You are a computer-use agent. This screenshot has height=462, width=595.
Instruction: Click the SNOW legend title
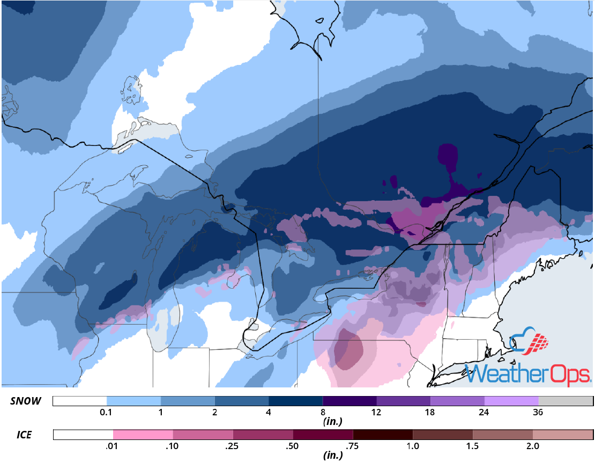click(x=25, y=402)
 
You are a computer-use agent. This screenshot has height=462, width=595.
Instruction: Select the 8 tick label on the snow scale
click(x=323, y=413)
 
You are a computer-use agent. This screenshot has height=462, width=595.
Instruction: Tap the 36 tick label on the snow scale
click(x=538, y=413)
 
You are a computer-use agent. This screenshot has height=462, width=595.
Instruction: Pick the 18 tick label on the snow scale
click(x=430, y=413)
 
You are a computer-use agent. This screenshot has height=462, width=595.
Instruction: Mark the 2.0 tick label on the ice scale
click(x=533, y=445)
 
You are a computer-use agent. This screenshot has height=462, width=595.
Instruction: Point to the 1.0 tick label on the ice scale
click(x=413, y=445)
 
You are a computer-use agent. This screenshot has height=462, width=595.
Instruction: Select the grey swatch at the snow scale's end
click(x=565, y=402)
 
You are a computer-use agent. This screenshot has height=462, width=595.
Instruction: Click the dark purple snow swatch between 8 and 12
click(x=349, y=402)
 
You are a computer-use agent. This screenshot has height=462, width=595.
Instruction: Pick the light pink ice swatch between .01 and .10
click(x=143, y=435)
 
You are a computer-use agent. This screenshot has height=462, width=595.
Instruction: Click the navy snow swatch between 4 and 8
click(x=295, y=402)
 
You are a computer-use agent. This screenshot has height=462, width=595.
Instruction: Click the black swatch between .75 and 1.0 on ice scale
click(x=383, y=435)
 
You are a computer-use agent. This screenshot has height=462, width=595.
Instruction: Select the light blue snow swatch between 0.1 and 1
click(x=133, y=402)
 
